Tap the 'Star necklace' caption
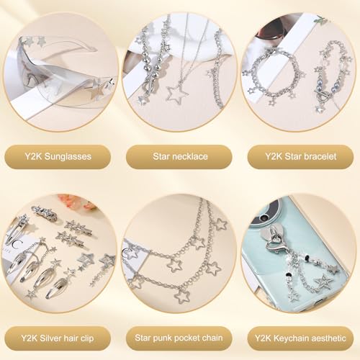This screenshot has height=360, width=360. [x=179, y=156]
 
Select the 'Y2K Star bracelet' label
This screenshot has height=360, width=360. [x=300, y=156]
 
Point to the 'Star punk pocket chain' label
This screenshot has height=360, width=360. [x=179, y=336]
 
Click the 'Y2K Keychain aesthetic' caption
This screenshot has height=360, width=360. [x=300, y=336]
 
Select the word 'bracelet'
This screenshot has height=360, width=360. [x=318, y=156]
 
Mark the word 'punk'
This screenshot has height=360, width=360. [x=159, y=336]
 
